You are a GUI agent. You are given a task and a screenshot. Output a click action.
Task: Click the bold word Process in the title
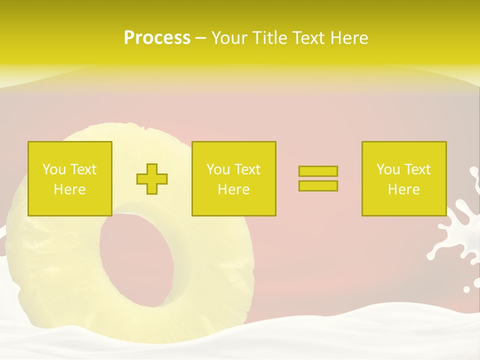click(x=157, y=38)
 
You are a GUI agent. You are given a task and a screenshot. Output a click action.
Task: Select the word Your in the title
click(x=229, y=38)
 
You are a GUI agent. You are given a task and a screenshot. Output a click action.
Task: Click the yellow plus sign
click(x=152, y=179)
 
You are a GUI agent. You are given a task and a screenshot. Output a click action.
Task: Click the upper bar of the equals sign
click(x=318, y=171)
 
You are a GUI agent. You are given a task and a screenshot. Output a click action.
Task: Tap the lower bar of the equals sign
click(x=318, y=185)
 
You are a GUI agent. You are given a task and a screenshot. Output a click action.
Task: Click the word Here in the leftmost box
click(x=69, y=189)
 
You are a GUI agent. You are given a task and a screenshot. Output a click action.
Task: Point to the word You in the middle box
click(x=218, y=169)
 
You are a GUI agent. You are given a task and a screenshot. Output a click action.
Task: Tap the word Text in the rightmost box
click(x=418, y=169)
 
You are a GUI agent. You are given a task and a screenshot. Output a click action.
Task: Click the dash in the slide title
click(x=200, y=38)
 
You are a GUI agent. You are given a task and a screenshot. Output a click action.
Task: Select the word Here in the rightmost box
click(x=403, y=189)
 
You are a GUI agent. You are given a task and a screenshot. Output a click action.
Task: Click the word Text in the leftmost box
click(x=84, y=169)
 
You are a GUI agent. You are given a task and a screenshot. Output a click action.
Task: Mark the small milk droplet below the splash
click(x=466, y=289)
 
